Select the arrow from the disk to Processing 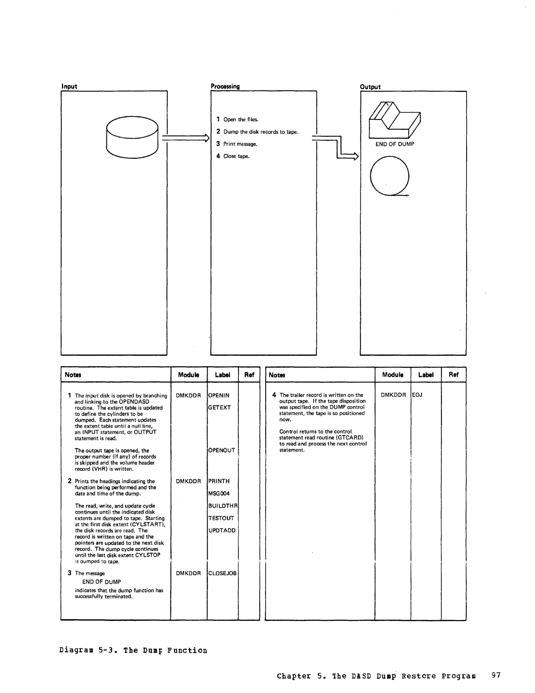tap(186, 138)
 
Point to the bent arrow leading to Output tap(338, 148)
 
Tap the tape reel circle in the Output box tap(390, 176)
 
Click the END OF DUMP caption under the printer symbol tap(395, 144)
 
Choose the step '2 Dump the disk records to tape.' tap(258, 132)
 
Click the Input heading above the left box tap(69, 86)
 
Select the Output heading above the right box tap(370, 87)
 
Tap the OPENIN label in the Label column tap(219, 395)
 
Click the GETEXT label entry tap(219, 407)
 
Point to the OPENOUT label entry tap(221, 450)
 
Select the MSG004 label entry tap(219, 493)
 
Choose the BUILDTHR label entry tap(223, 506)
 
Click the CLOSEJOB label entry tap(222, 573)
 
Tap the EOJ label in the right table tap(417, 395)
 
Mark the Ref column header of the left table tap(249, 375)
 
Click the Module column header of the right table tap(393, 375)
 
